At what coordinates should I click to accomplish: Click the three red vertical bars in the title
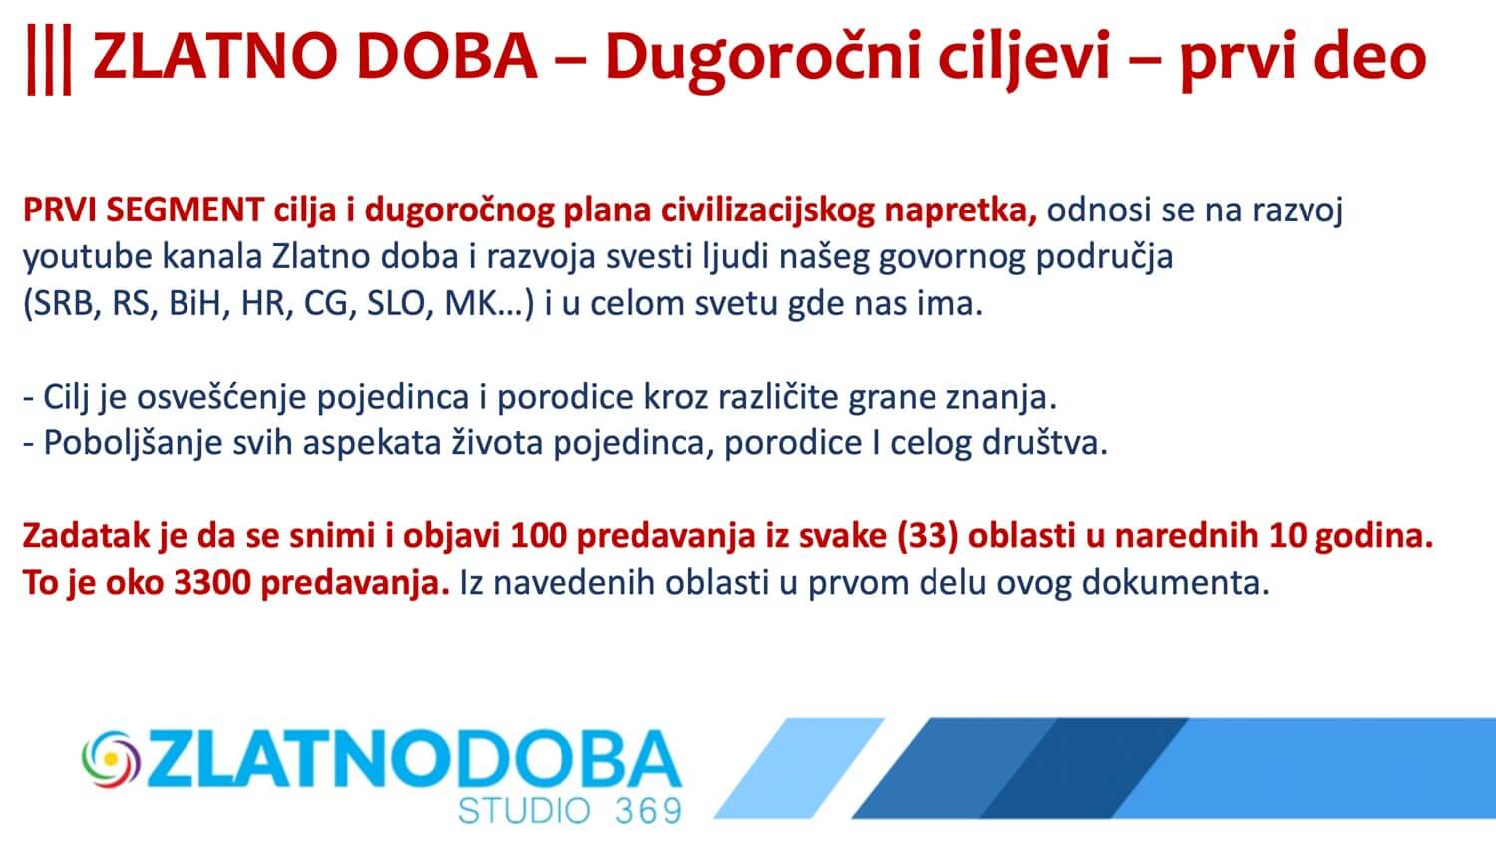(x=49, y=60)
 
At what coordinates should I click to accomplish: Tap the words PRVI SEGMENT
(x=144, y=210)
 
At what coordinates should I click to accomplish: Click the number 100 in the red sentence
(x=539, y=537)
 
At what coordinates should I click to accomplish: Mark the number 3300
(x=211, y=584)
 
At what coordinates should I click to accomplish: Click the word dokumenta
(x=1175, y=583)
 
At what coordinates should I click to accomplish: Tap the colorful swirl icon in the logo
(x=111, y=759)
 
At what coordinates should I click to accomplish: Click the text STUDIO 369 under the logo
(x=569, y=811)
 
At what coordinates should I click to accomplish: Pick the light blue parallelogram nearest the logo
(x=799, y=768)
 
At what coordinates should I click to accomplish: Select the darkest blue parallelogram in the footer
(x=1083, y=768)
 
